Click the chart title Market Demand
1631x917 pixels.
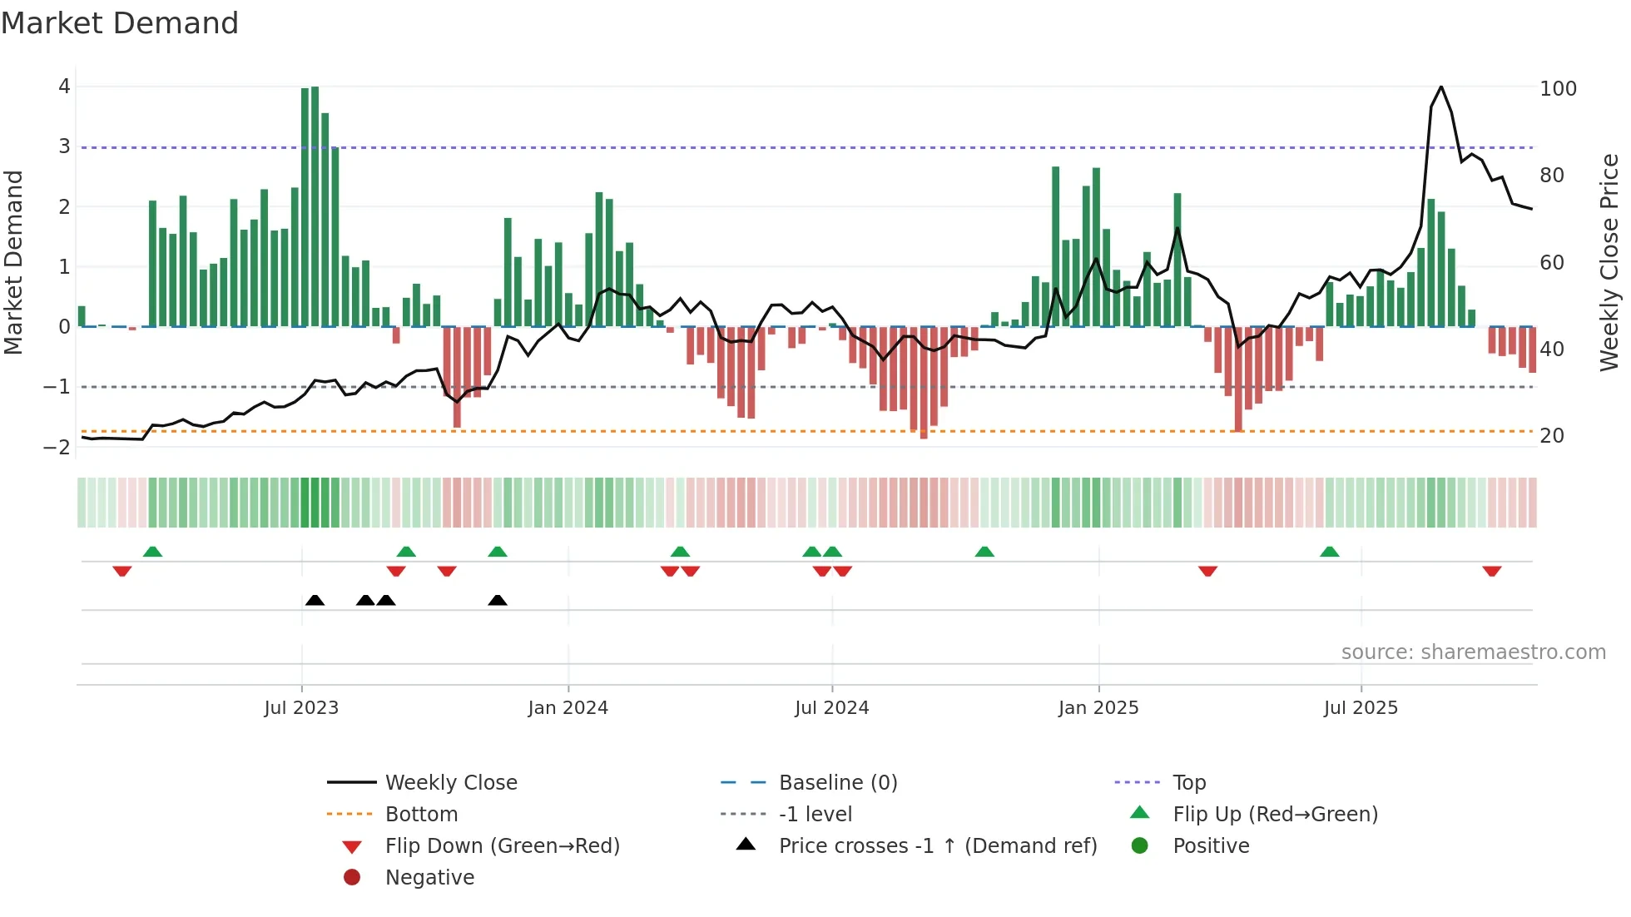(x=120, y=23)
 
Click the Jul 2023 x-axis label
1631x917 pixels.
(x=301, y=708)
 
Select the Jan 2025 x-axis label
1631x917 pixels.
(x=1098, y=708)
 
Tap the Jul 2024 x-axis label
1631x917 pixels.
(x=831, y=708)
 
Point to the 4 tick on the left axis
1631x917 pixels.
(x=64, y=87)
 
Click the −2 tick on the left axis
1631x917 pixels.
(x=57, y=447)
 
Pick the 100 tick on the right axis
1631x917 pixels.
(x=1558, y=89)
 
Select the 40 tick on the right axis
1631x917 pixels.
(x=1552, y=349)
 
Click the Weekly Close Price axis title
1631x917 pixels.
(x=1609, y=262)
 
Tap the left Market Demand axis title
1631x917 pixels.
(x=14, y=262)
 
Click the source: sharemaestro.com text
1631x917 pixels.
(x=1473, y=652)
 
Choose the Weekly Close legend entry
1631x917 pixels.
(x=450, y=783)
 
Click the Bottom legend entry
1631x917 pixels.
(x=421, y=815)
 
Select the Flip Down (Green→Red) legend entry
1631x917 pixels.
(x=502, y=846)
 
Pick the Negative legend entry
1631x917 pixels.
(x=429, y=878)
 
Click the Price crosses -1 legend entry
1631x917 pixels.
(x=937, y=846)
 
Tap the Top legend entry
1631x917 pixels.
(x=1189, y=783)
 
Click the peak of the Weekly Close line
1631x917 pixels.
(x=1441, y=87)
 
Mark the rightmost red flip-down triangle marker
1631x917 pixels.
(x=1491, y=571)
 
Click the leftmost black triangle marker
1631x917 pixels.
(x=315, y=600)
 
